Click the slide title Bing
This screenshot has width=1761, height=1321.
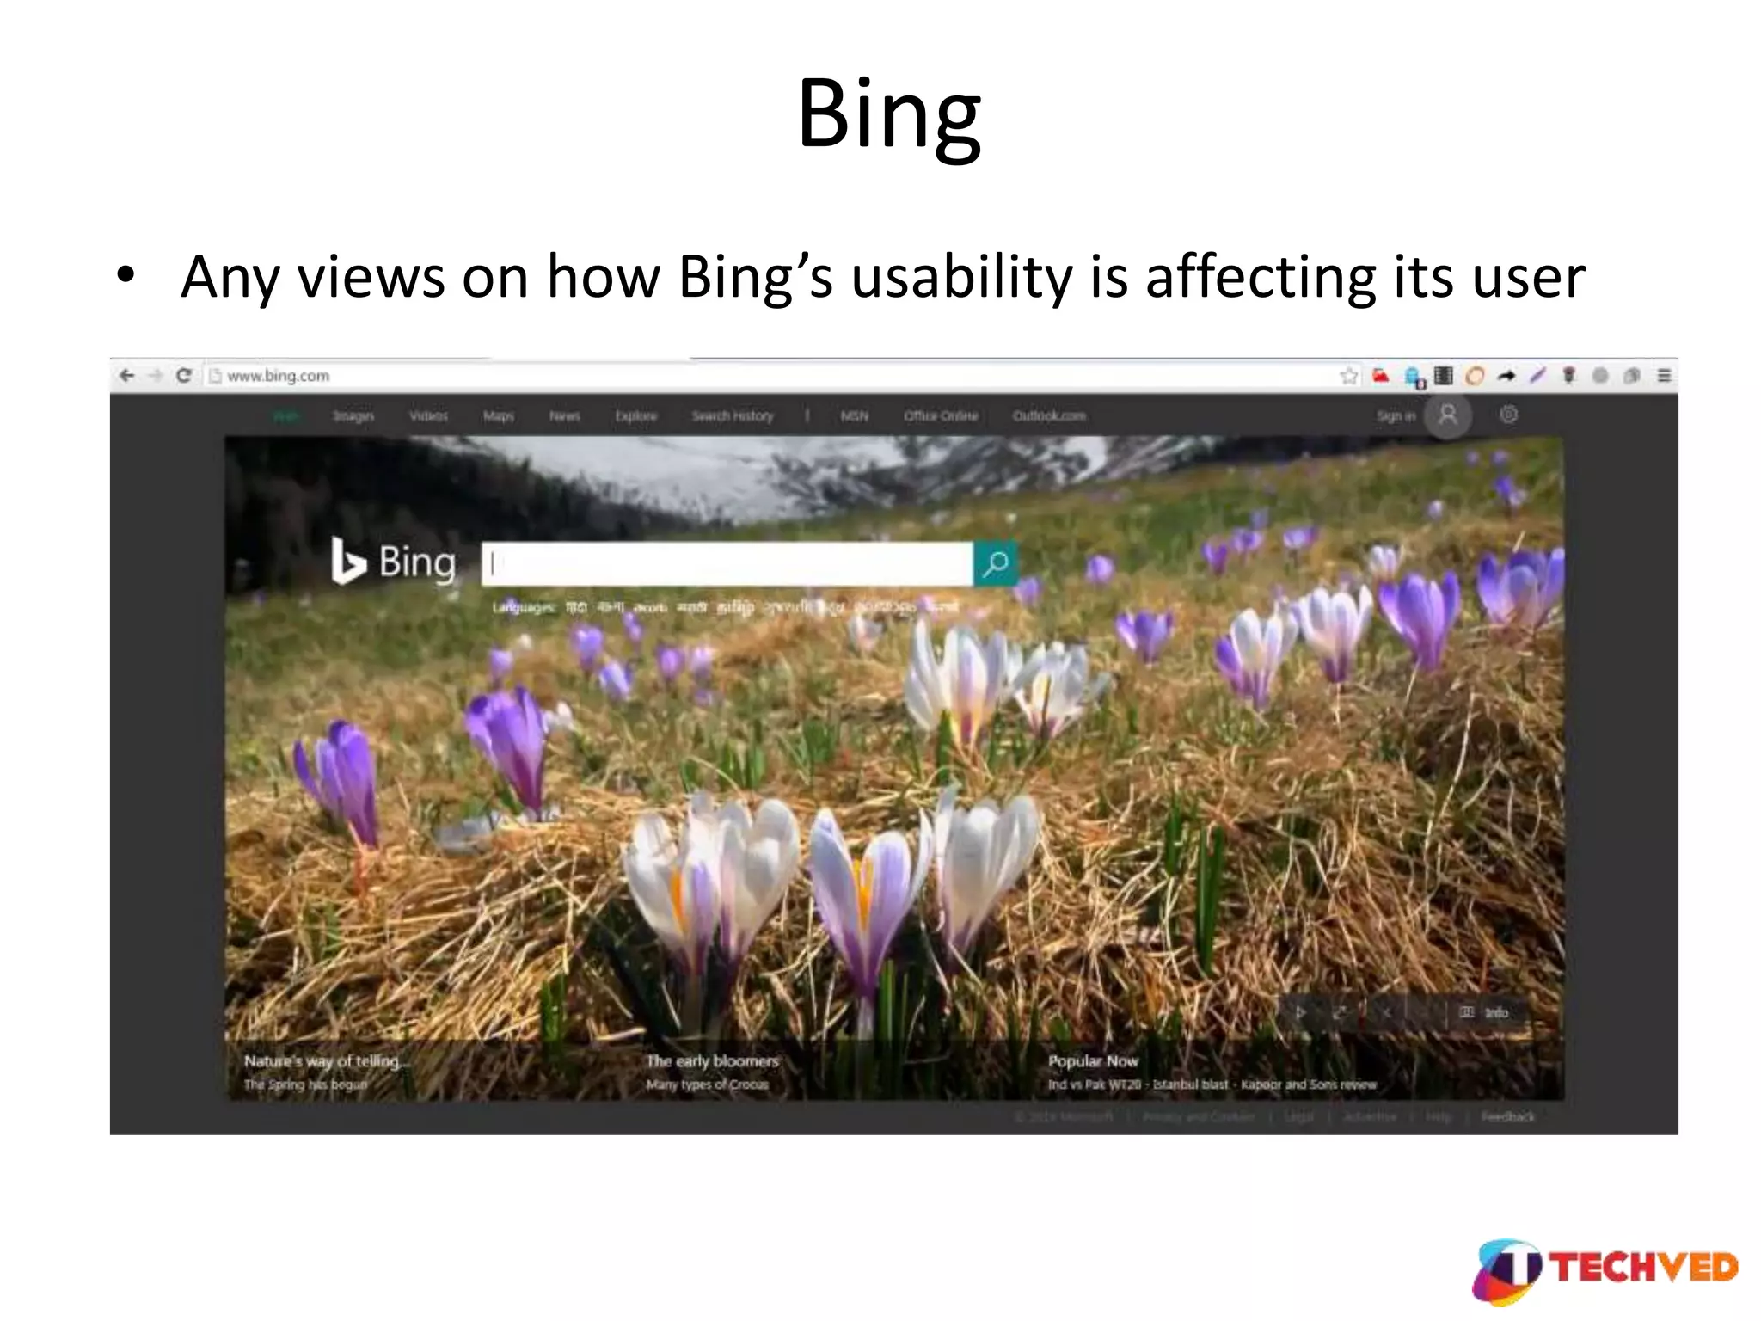click(x=888, y=114)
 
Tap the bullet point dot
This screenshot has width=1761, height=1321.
click(x=126, y=275)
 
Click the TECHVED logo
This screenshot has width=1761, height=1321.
click(x=1605, y=1269)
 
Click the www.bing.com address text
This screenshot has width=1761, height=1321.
click(x=278, y=376)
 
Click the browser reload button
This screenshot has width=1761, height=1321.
click(x=183, y=376)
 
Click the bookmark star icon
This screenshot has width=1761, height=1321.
click(x=1348, y=376)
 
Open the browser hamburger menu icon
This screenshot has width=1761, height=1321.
click(x=1664, y=376)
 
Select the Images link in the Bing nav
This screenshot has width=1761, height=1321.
click(x=353, y=416)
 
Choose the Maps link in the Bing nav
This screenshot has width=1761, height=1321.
click(x=498, y=416)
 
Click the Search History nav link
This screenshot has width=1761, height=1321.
click(x=733, y=416)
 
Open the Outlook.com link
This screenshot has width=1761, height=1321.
click(x=1048, y=416)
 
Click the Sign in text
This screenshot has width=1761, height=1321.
click(x=1395, y=416)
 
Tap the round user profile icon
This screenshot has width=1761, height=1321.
click(x=1448, y=415)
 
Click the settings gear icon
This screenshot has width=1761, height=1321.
click(x=1508, y=415)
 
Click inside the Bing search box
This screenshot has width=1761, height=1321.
click(x=727, y=564)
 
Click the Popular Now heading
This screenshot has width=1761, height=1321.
click(x=1092, y=1061)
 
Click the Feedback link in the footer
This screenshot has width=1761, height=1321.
click(x=1507, y=1117)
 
